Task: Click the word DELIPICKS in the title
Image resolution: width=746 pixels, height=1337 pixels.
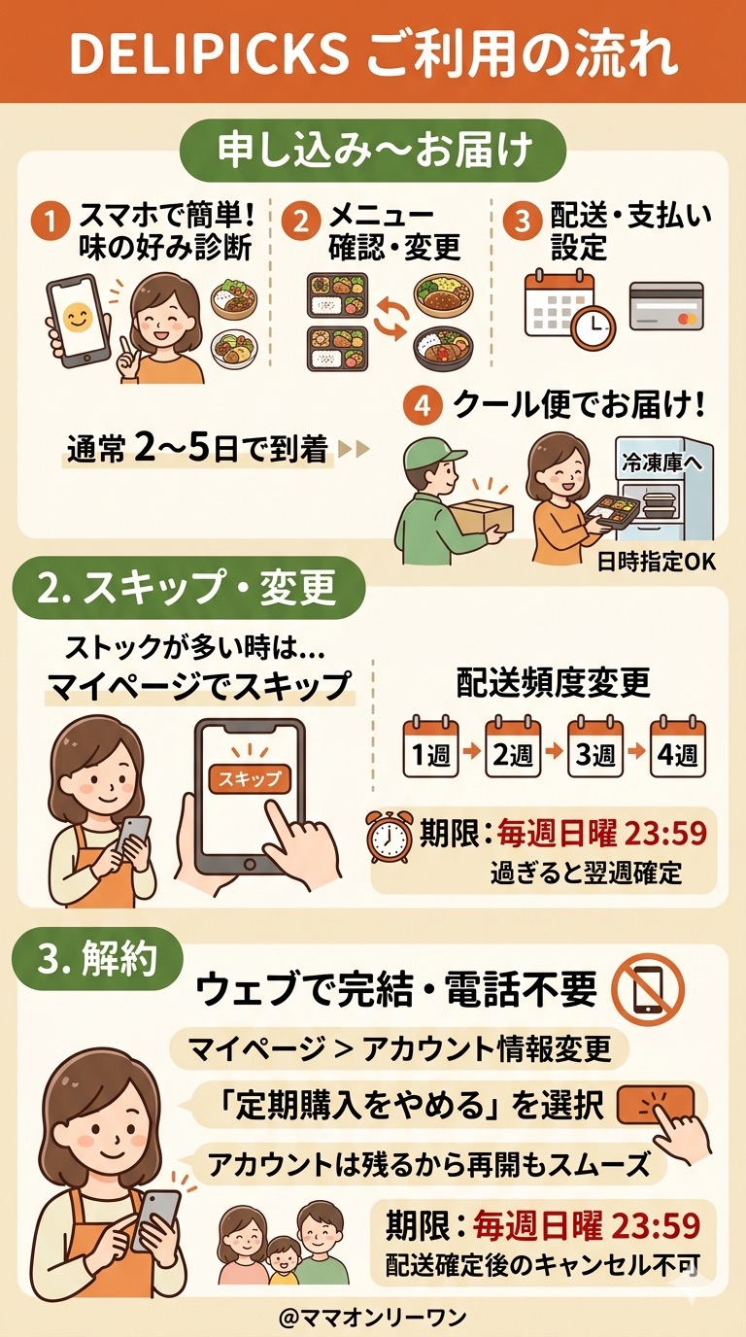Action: point(209,52)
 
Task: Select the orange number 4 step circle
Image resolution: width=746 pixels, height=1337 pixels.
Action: point(423,405)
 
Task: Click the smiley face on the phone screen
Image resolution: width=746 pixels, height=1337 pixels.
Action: point(77,318)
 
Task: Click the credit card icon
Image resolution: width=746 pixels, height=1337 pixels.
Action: point(666,306)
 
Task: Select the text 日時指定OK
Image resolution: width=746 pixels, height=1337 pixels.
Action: point(657,562)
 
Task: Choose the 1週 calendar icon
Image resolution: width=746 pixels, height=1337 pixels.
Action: point(431,746)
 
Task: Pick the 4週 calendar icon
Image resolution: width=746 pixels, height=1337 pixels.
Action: point(678,746)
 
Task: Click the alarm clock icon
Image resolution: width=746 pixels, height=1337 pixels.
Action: point(390,836)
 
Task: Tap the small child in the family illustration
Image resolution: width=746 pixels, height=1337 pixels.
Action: point(283,1261)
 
